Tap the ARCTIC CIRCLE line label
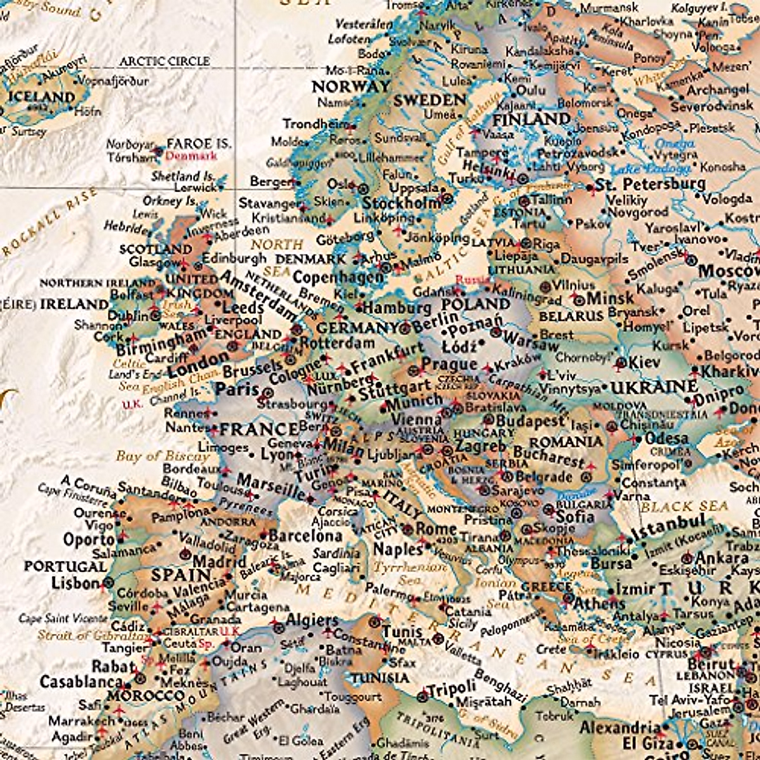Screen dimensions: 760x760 (165, 61)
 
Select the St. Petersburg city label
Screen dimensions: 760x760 (650, 185)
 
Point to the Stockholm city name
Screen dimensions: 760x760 (401, 203)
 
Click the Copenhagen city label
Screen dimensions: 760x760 (338, 277)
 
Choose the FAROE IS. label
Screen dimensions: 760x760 (199, 144)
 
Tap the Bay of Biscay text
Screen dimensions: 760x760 (162, 456)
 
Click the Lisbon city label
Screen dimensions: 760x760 (75, 583)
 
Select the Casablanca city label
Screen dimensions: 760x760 (82, 682)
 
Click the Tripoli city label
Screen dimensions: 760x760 (452, 688)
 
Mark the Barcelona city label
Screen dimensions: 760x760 (305, 536)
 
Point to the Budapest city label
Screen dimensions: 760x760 (529, 421)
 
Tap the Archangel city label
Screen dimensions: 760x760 (718, 90)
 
